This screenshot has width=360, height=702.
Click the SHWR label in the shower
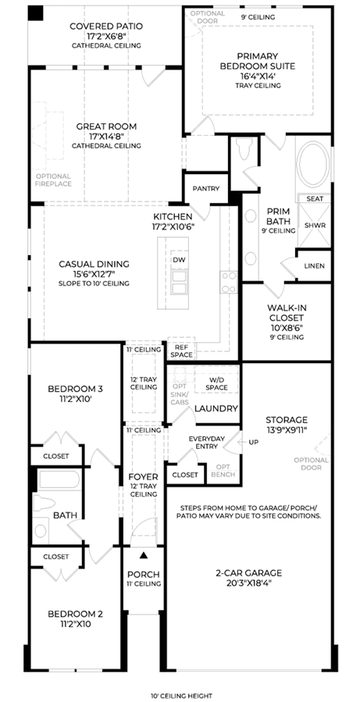pyautogui.click(x=314, y=225)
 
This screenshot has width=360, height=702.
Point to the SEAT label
pyautogui.click(x=314, y=198)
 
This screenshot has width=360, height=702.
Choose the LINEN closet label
pyautogui.click(x=314, y=266)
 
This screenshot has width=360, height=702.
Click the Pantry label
pyautogui.click(x=206, y=188)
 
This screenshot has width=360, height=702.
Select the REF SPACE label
pyautogui.click(x=181, y=351)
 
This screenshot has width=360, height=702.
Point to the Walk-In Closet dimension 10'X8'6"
pyautogui.click(x=287, y=328)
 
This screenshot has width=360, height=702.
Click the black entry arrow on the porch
pyautogui.click(x=143, y=556)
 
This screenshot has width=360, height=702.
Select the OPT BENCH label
pyautogui.click(x=223, y=470)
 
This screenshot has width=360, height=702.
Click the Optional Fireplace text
pyautogui.click(x=53, y=180)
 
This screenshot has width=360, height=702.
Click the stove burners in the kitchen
pyautogui.click(x=229, y=283)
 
